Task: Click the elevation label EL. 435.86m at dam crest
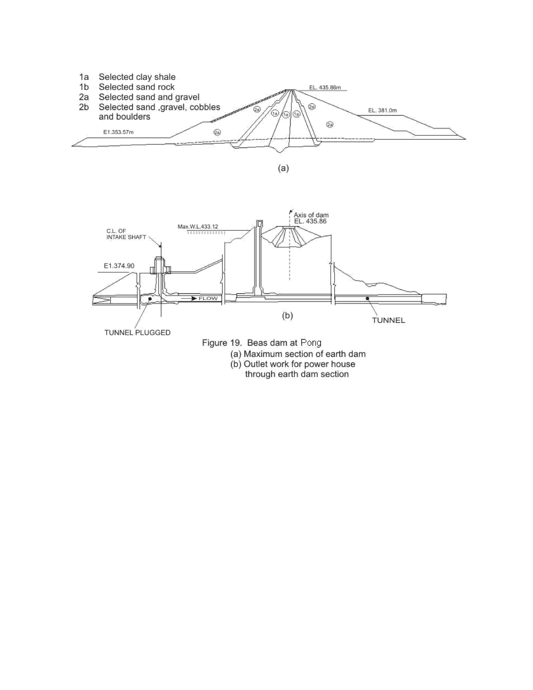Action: tap(325, 87)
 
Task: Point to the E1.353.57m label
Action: tap(118, 132)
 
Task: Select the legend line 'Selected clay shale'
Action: tap(137, 77)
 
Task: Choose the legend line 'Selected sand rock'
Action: tap(136, 87)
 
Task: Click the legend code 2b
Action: tap(84, 107)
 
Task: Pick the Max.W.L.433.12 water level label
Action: tap(198, 227)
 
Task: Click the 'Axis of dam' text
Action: tap(311, 215)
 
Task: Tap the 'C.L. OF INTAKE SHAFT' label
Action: tap(126, 234)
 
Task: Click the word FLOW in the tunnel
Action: tap(208, 298)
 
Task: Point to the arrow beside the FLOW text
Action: tap(190, 298)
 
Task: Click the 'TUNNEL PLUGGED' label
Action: tap(137, 333)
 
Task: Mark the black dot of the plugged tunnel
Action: tap(150, 298)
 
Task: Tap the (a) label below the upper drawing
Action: tap(283, 168)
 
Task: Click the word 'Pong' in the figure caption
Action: tap(311, 343)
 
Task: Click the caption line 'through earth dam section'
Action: tap(297, 374)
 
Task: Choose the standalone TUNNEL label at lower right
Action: tap(388, 320)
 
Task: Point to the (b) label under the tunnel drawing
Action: tap(287, 315)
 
